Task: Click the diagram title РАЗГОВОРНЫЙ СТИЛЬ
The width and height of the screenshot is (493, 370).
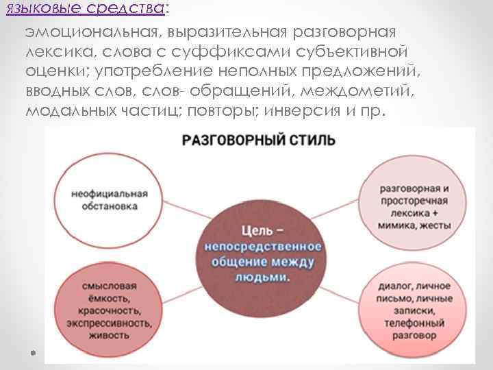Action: click(x=258, y=141)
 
